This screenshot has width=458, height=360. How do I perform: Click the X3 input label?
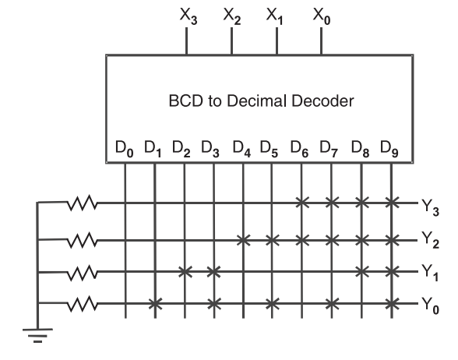click(x=188, y=16)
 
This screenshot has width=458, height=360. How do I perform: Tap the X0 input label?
click(x=322, y=16)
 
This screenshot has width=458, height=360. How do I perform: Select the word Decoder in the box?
click(x=322, y=101)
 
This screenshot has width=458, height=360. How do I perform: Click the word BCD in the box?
click(x=185, y=101)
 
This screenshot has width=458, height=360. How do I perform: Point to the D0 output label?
click(x=125, y=149)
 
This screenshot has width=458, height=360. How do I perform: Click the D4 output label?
click(x=241, y=149)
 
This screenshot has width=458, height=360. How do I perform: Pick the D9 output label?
click(x=389, y=149)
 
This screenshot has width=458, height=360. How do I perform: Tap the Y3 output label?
click(x=430, y=208)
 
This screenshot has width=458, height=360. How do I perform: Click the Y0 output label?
click(x=430, y=305)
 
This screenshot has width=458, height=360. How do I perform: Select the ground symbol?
click(x=37, y=335)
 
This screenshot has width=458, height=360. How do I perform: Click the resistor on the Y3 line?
click(x=82, y=203)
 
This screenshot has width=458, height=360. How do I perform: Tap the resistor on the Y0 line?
click(x=82, y=304)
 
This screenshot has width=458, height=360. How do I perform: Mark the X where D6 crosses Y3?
click(x=302, y=203)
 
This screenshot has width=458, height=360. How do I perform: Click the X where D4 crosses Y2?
click(x=244, y=241)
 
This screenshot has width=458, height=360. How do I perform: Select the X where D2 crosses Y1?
click(x=185, y=272)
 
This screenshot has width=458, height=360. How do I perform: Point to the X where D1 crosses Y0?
click(x=155, y=304)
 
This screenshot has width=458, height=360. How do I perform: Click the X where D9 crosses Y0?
click(x=392, y=304)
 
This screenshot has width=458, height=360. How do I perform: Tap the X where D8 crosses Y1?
click(x=362, y=272)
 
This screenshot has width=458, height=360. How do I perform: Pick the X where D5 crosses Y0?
click(x=273, y=304)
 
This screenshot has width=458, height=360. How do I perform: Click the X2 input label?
click(x=232, y=16)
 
